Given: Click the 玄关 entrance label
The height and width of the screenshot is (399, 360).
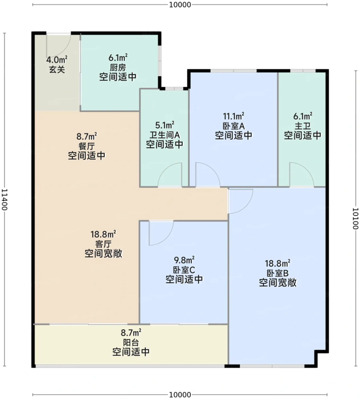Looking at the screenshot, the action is (57, 69).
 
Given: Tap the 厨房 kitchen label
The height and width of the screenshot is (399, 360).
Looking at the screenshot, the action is (118, 67).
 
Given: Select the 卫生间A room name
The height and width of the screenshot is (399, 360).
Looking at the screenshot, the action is (165, 135).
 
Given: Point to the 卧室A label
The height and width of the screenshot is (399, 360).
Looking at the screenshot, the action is (234, 126).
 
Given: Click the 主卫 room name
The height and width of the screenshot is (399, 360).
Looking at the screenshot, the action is (303, 126).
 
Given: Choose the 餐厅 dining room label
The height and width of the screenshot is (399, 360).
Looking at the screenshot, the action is (86, 146).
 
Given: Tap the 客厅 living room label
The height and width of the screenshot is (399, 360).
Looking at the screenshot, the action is (103, 244).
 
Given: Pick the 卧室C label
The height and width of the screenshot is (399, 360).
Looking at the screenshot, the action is (184, 270).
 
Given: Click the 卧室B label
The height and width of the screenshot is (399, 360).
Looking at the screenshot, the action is (278, 273).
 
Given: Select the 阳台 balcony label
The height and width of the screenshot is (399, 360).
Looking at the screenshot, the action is (131, 342).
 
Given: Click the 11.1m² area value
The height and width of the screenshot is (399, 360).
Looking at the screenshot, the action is (234, 116).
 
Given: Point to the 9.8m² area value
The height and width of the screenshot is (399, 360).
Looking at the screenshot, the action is (184, 260).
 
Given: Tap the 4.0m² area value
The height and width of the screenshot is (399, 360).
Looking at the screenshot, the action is (57, 60).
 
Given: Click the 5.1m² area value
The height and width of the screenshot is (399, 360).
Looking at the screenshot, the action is (165, 125).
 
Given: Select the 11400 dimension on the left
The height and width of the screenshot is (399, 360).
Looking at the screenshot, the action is (4, 199).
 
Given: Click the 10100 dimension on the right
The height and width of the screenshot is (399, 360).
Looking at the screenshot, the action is (356, 218).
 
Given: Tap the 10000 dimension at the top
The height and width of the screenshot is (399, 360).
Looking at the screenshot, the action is (180, 4).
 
